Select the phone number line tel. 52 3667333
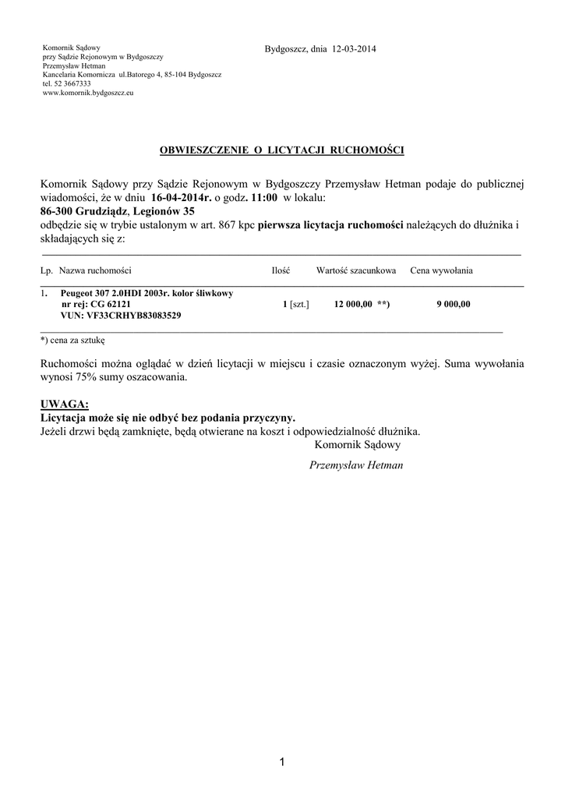pos(67,83)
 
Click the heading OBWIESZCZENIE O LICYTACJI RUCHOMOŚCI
pos(282,149)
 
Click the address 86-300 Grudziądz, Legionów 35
pos(118,211)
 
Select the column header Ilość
pos(281,270)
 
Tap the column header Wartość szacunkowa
pos(356,270)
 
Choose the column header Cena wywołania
pos(441,270)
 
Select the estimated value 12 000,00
pos(352,304)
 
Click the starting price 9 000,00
pos(453,304)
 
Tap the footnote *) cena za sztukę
pos(72,340)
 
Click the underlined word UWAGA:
pos(65,404)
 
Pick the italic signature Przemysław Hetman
pos(357,464)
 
